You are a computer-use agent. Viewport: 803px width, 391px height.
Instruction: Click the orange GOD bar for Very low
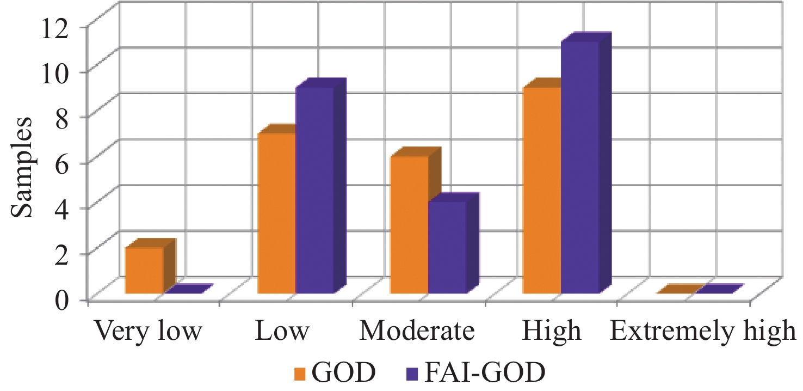144,271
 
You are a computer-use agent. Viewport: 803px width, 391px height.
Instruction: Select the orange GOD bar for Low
276,213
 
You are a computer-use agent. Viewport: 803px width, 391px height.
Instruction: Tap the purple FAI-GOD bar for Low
314,190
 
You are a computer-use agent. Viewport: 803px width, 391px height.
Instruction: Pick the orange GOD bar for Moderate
410,225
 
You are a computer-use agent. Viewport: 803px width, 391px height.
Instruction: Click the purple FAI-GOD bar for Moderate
447,247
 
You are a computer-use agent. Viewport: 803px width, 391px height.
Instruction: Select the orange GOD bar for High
541,190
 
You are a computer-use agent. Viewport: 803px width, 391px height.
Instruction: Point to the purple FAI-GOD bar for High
580,167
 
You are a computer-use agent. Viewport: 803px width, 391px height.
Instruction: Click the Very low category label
149,331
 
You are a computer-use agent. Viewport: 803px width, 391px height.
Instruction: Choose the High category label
551,331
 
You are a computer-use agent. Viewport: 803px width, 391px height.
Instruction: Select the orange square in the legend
300,374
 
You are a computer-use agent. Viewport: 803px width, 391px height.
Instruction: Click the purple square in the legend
412,374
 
